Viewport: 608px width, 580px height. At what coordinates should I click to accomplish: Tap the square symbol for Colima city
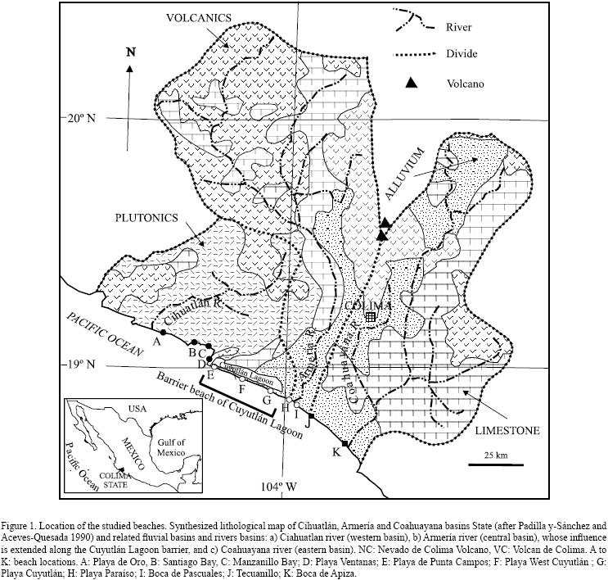pyautogui.click(x=371, y=317)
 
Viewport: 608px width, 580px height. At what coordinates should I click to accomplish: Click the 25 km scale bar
pyautogui.click(x=496, y=464)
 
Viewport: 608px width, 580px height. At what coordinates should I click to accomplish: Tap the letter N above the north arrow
pyautogui.click(x=130, y=52)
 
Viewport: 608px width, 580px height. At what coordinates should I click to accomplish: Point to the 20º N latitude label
pyautogui.click(x=79, y=118)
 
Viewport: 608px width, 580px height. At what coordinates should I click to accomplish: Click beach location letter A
pyautogui.click(x=155, y=344)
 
